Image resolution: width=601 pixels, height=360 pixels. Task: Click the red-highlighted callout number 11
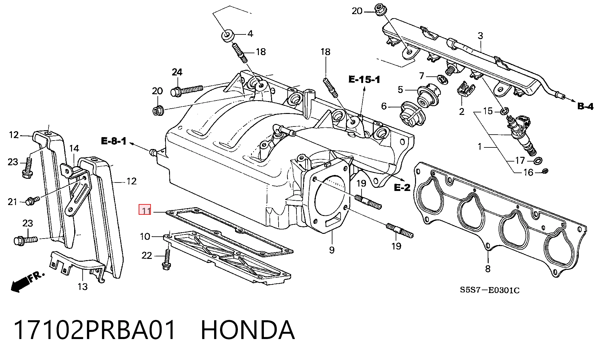click(145, 210)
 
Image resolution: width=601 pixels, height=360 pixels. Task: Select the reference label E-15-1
click(364, 80)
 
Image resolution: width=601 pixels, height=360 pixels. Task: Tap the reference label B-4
click(585, 106)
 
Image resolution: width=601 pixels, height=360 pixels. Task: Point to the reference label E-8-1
click(114, 141)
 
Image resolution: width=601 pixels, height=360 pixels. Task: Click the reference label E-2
click(402, 188)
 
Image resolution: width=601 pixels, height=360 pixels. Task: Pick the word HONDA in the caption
click(247, 330)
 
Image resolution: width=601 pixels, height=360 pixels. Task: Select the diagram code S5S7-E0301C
click(490, 290)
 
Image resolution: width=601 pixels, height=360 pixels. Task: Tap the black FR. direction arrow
click(27, 282)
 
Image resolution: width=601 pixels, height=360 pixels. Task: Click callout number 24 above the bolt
click(177, 72)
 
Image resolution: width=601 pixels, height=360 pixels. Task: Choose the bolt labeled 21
click(32, 201)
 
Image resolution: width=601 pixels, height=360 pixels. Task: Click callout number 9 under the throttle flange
click(331, 250)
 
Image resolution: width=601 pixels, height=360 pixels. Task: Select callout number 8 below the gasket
click(488, 268)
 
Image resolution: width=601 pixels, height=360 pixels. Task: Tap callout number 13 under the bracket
click(83, 286)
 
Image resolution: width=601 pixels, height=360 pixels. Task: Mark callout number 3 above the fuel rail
click(480, 36)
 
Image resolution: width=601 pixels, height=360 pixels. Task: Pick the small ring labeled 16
click(545, 171)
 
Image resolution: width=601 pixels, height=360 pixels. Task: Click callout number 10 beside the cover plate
click(145, 236)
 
